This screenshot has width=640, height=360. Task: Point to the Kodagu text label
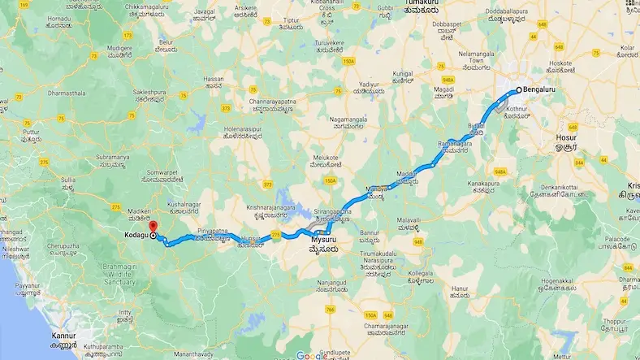(x=135, y=235)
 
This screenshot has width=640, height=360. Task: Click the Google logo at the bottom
(x=312, y=354)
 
